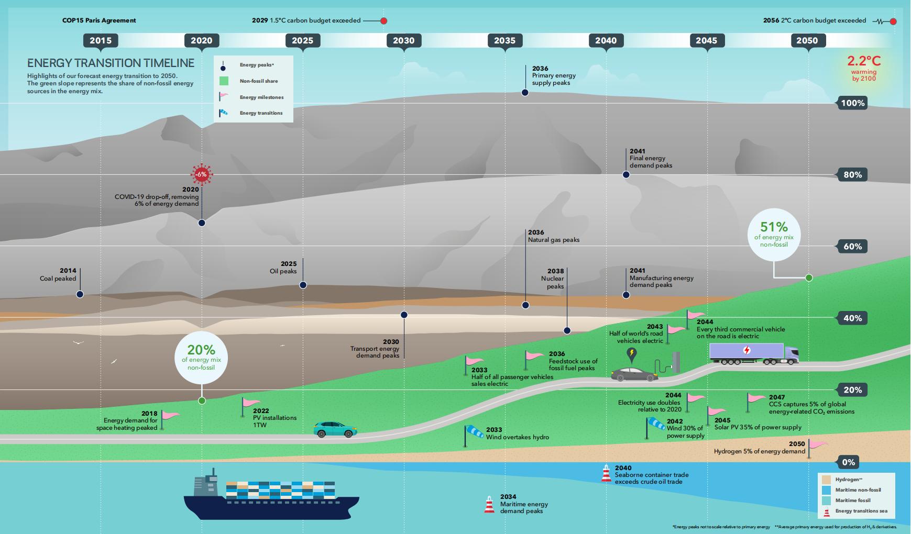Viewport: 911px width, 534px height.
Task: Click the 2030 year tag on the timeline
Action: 403,41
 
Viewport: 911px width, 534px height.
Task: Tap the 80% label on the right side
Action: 852,175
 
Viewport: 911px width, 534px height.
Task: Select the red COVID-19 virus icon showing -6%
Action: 202,174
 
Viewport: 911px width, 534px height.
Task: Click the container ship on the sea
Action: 271,494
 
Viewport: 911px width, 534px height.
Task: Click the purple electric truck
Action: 754,354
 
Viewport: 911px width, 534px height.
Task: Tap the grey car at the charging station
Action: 634,374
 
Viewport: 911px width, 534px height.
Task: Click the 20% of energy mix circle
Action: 202,358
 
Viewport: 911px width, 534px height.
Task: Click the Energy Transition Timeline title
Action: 111,63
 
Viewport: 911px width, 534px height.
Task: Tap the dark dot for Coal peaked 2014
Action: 80,294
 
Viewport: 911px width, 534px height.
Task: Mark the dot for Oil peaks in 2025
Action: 303,285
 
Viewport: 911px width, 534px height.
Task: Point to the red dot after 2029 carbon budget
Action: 383,21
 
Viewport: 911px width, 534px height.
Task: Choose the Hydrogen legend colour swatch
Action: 827,480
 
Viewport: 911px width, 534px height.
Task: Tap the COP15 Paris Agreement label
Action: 99,20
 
